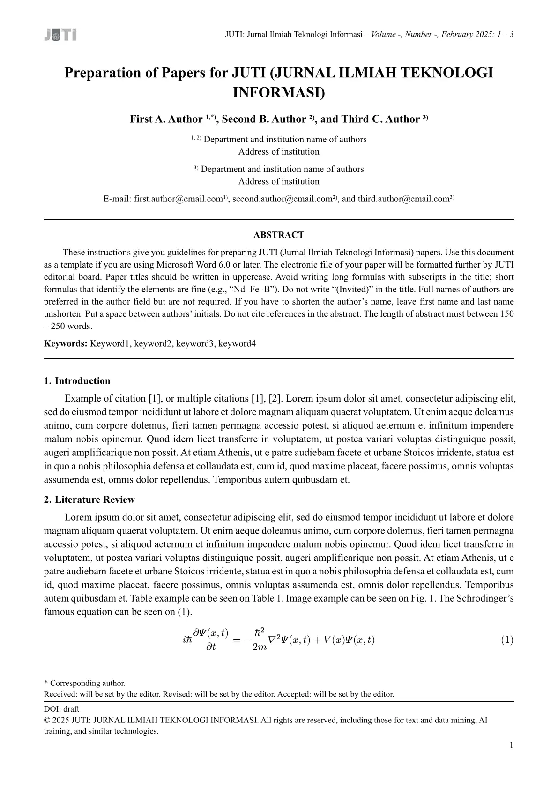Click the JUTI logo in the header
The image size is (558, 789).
pyautogui.click(x=60, y=35)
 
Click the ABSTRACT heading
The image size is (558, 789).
pyautogui.click(x=279, y=235)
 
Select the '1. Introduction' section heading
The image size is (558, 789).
pyautogui.click(x=77, y=381)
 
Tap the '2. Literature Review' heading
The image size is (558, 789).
pyautogui.click(x=89, y=499)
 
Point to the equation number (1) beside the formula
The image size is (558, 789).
pyautogui.click(x=507, y=640)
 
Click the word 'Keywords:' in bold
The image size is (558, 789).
pyautogui.click(x=66, y=344)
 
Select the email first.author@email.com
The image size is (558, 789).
pyautogui.click(x=178, y=199)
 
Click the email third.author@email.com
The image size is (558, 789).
pyautogui.click(x=403, y=199)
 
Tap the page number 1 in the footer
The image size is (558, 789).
pyautogui.click(x=511, y=745)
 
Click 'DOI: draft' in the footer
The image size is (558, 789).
pyautogui.click(x=61, y=709)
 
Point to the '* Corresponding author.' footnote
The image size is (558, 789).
pyautogui.click(x=85, y=683)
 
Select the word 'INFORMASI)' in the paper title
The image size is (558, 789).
pyautogui.click(x=278, y=92)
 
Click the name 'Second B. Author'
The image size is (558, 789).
pyautogui.click(x=263, y=119)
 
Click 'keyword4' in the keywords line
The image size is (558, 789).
pyautogui.click(x=237, y=344)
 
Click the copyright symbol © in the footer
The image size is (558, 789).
pyautogui.click(x=47, y=720)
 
